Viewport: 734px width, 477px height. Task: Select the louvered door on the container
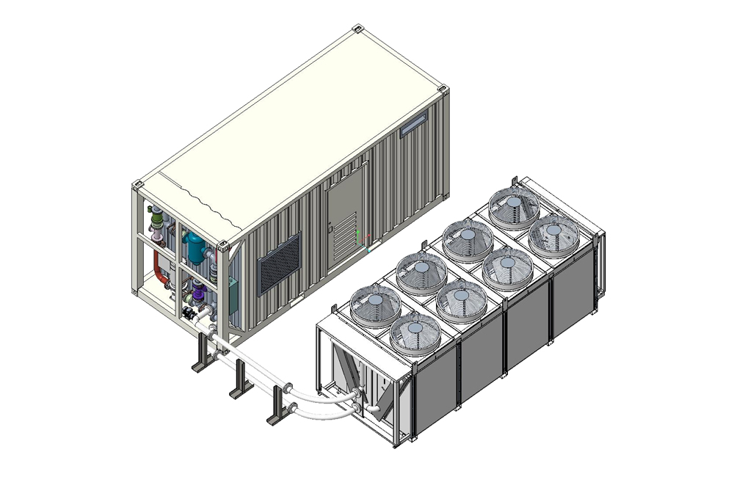(x=344, y=220)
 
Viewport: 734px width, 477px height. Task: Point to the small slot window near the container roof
(x=413, y=123)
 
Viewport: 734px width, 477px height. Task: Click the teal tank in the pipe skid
(x=197, y=247)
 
